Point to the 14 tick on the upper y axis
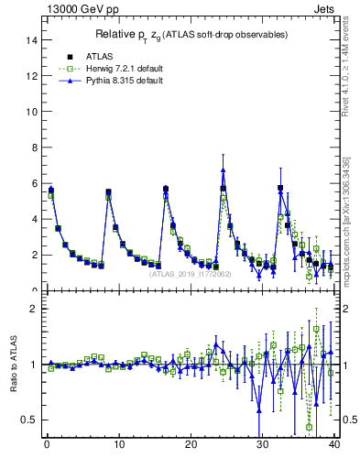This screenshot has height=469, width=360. coord(32,40)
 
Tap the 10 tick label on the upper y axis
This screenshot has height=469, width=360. coord(32,112)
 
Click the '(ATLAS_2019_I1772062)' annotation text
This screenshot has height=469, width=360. coord(190,273)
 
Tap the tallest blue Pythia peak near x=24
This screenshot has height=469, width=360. coord(223,169)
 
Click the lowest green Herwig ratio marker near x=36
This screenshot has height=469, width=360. coord(309,426)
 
